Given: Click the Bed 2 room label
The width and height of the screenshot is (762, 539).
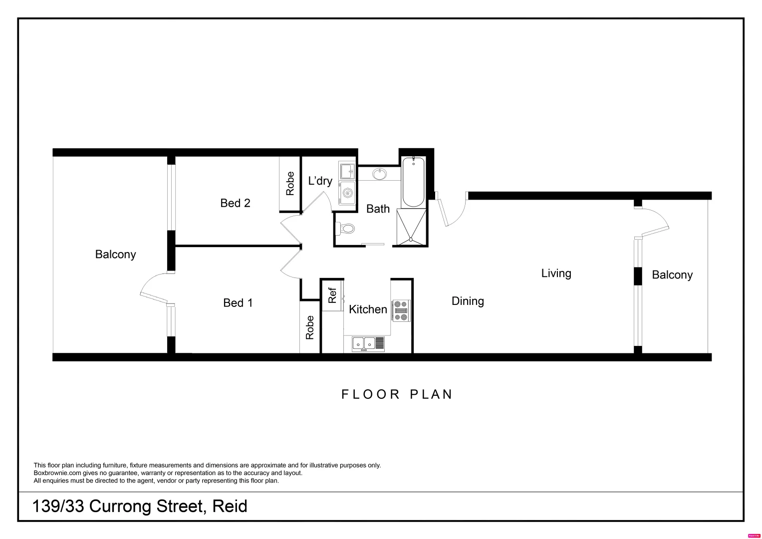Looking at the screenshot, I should [235, 203].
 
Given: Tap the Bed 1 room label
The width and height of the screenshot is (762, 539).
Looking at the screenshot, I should [238, 303].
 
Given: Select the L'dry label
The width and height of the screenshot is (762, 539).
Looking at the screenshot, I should [320, 181].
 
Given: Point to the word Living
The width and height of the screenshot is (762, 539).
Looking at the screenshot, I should [556, 273].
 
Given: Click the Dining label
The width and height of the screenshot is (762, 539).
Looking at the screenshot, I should [468, 301].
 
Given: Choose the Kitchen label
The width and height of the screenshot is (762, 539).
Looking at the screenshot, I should [368, 309].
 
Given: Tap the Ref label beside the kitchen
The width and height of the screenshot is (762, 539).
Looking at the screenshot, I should [332, 295].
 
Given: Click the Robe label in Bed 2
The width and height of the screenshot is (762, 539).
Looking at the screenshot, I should [290, 183].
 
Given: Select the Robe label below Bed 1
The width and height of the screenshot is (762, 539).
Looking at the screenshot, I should [309, 327].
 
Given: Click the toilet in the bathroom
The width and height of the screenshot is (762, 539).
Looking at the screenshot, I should [346, 229].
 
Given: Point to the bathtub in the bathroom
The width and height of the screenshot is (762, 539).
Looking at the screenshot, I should [413, 182].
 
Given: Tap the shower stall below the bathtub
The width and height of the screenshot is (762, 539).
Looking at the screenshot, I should [412, 227].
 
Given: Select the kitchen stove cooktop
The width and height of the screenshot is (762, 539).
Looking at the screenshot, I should [401, 310].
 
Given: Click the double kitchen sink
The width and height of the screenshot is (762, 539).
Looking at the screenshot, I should [364, 343].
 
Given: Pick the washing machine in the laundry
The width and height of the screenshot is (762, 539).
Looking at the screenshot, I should [347, 193].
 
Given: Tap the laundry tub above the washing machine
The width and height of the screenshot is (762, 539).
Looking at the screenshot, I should [347, 171].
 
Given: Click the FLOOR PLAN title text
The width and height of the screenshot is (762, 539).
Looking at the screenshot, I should [397, 394].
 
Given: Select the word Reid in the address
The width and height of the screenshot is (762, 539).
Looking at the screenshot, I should [230, 507].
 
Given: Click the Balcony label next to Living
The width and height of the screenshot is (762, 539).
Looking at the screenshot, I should [672, 275].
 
